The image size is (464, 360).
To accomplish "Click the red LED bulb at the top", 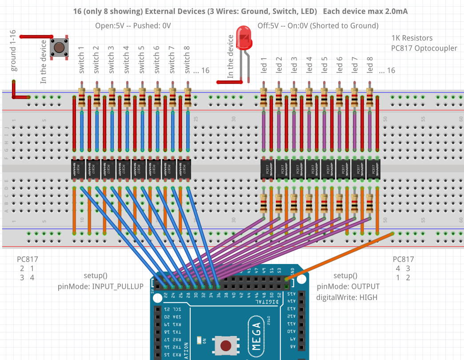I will coord(244,37).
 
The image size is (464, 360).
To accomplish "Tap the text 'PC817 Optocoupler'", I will coord(424,48).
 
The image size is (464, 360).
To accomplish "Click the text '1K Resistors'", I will coord(412,38).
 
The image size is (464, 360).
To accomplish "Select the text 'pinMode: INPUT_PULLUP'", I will coord(100,287).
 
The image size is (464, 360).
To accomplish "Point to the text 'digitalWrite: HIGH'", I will coord(347,297).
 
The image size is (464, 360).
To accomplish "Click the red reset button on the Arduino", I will coord(226,345).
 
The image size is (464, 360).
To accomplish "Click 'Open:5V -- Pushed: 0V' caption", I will coord(133,26).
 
